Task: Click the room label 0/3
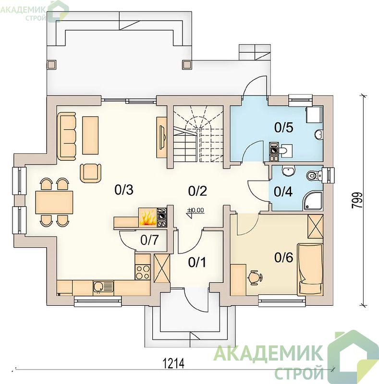click(x=124, y=190)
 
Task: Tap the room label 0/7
click(x=149, y=240)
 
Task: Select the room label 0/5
click(x=283, y=127)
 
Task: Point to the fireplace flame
click(x=147, y=217)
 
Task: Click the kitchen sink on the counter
click(x=103, y=287)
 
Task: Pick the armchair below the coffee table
click(x=90, y=173)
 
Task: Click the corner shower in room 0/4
click(x=313, y=201)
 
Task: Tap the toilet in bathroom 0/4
click(x=314, y=175)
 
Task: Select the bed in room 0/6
click(x=310, y=269)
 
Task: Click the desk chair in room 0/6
click(x=255, y=278)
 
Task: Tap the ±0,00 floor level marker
click(x=196, y=211)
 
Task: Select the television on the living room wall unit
click(x=162, y=137)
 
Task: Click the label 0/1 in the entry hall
click(x=197, y=262)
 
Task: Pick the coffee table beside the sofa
click(x=90, y=135)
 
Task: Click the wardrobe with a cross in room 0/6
click(x=316, y=226)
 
